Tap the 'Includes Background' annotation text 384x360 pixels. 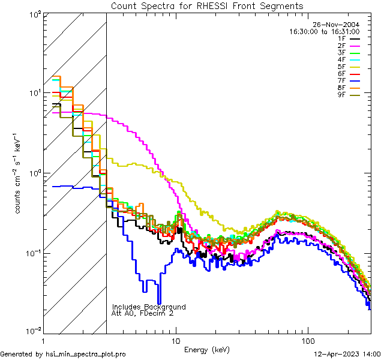pos(149,307)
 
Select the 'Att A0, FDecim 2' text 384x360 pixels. pos(143,313)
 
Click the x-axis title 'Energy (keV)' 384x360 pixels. pos(207,349)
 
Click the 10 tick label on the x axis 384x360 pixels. pos(176,340)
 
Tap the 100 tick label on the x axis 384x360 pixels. pos(308,340)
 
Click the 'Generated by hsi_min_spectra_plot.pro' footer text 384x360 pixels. pos(63,355)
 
